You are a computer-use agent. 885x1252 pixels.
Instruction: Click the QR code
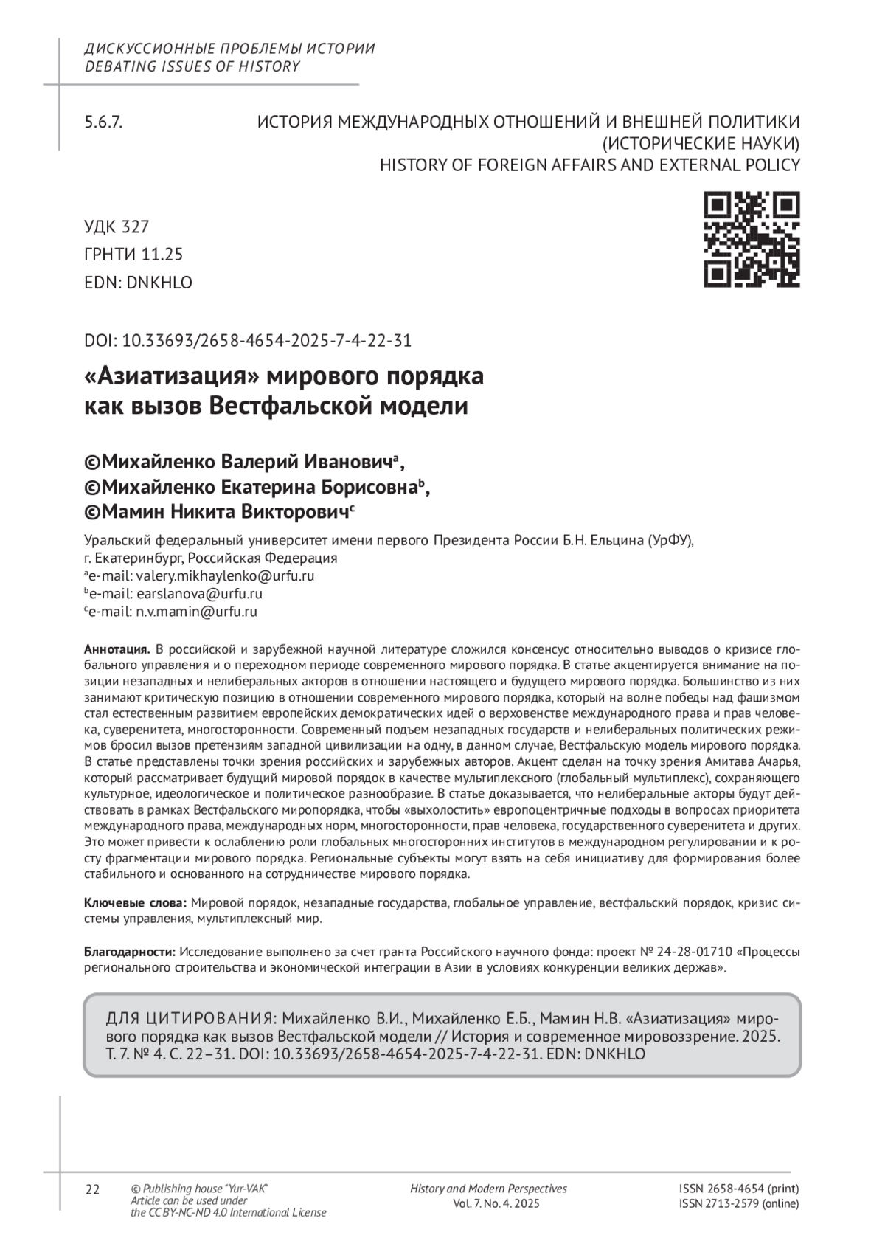[752, 239]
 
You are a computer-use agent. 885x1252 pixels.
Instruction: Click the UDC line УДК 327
[117, 226]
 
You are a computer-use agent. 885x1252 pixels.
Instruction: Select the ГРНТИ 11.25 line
[133, 255]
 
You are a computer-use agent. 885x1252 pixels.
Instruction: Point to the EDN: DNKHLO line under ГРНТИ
[138, 283]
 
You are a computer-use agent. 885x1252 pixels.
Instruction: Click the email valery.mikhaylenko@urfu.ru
[221, 576]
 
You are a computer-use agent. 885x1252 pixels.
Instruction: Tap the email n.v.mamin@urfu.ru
[195, 612]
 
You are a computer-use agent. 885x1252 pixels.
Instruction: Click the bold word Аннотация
[117, 649]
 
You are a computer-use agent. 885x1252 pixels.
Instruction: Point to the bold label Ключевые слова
[136, 902]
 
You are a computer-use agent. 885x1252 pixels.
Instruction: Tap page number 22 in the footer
[93, 1189]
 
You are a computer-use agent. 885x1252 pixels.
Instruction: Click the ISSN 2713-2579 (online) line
[739, 1204]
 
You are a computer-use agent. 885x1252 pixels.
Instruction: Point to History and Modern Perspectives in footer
[488, 1189]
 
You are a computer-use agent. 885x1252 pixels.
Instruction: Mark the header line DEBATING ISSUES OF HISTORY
[192, 66]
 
